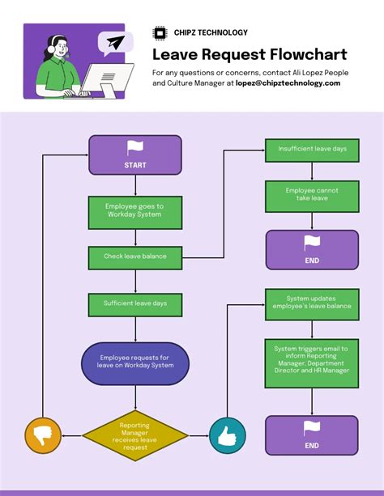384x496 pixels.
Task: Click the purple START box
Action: pyautogui.click(x=134, y=155)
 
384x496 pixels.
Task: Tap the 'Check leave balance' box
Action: pyautogui.click(x=134, y=256)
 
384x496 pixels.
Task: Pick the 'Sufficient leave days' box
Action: pyautogui.click(x=134, y=303)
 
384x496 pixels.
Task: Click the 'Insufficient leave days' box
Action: pyautogui.click(x=312, y=150)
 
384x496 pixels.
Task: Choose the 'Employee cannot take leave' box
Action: pyautogui.click(x=312, y=194)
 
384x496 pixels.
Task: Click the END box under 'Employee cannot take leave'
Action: pyautogui.click(x=312, y=249)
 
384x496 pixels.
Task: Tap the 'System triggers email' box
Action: pyautogui.click(x=312, y=363)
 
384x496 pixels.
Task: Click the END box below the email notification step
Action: pyautogui.click(x=312, y=435)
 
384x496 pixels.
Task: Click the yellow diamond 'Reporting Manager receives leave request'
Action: pyautogui.click(x=134, y=435)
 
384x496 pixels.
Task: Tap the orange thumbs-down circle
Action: pyautogui.click(x=43, y=435)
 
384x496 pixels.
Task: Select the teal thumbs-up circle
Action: pyautogui.click(x=228, y=435)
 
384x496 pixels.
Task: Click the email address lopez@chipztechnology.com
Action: pyautogui.click(x=288, y=83)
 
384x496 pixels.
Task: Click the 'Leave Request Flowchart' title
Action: pyautogui.click(x=250, y=54)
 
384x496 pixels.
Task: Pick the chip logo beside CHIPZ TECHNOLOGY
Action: pyautogui.click(x=160, y=32)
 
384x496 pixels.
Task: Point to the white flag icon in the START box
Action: pyautogui.click(x=134, y=147)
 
